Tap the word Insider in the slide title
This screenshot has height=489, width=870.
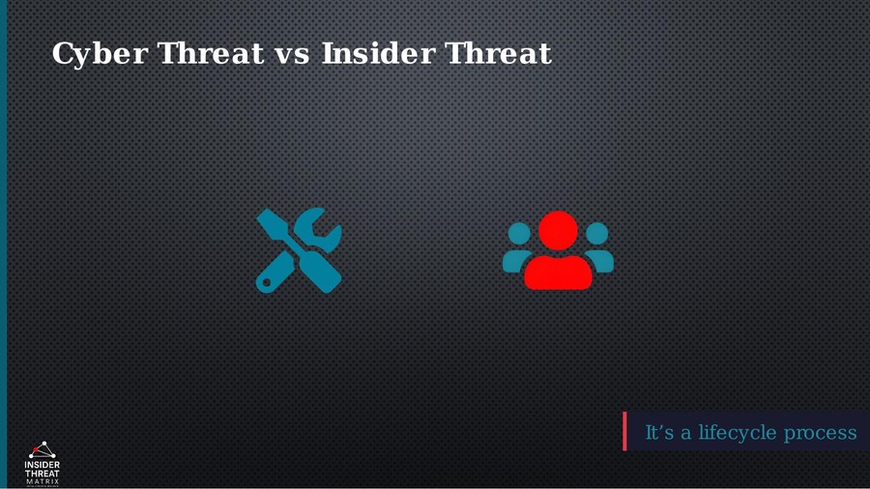pos(377,53)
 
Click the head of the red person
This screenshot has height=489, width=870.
pos(558,230)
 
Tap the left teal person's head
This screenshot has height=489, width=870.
pos(519,233)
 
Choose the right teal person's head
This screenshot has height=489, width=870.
pos(597,233)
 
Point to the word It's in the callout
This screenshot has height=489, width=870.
pos(659,432)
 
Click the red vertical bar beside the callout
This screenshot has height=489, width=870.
pos(624,431)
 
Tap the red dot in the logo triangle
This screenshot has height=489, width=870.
pos(42,445)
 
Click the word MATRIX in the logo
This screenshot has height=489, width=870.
pos(42,480)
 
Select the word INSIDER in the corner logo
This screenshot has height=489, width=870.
pos(42,465)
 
